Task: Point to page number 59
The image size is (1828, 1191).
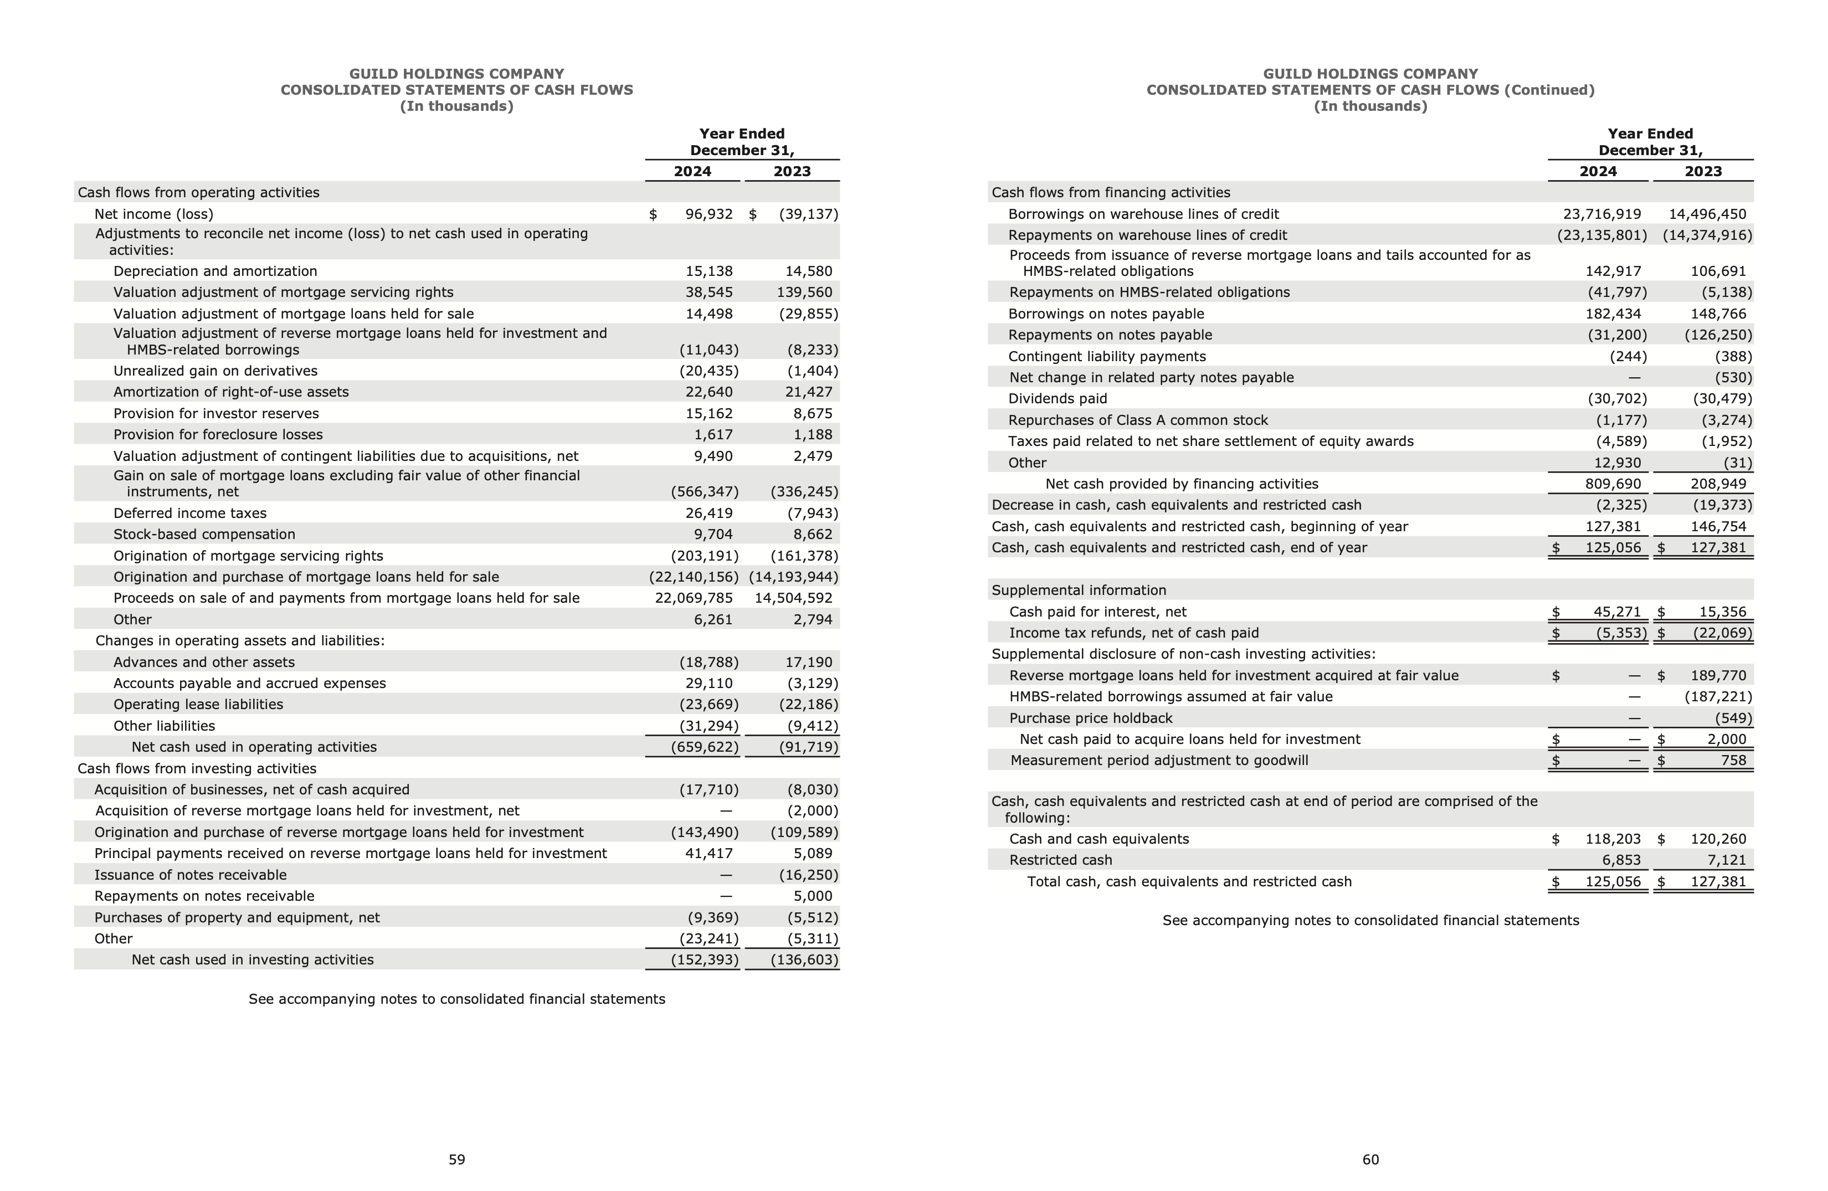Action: (457, 1159)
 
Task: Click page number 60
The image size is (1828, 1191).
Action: (1370, 1159)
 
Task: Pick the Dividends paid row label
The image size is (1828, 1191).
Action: (1057, 398)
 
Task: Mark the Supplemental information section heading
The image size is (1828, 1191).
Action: (1079, 591)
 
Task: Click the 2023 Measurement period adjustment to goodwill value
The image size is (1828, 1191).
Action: (1733, 760)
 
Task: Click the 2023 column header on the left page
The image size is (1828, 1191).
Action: (792, 171)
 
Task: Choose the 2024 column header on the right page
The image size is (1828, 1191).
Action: (1598, 171)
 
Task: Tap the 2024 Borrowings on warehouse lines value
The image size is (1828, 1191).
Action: (1601, 214)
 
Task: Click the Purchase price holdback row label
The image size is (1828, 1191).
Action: (1091, 718)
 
